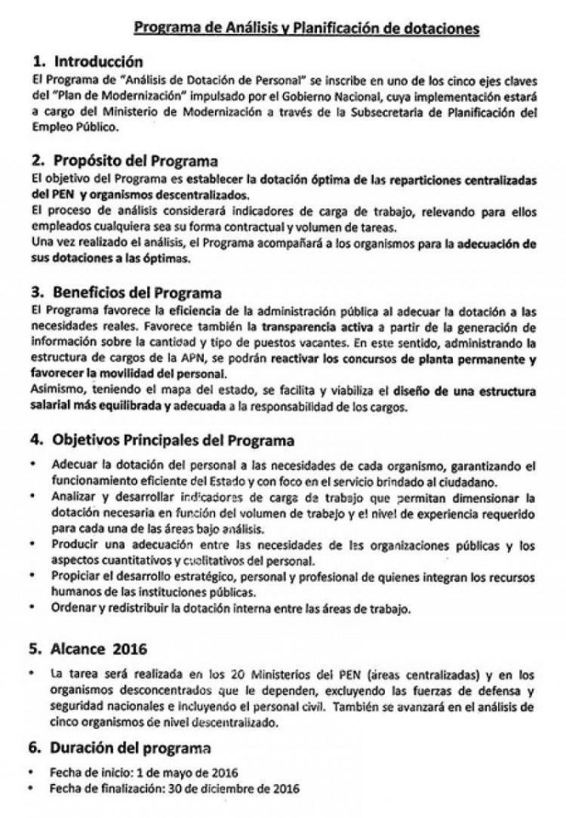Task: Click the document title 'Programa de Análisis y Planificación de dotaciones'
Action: click(x=306, y=29)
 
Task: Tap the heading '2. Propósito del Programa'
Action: click(x=125, y=161)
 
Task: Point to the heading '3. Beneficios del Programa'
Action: click(x=126, y=291)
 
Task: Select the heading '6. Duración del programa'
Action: click(x=121, y=749)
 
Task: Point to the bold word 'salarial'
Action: click(x=49, y=408)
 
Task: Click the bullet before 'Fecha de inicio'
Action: click(x=35, y=773)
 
